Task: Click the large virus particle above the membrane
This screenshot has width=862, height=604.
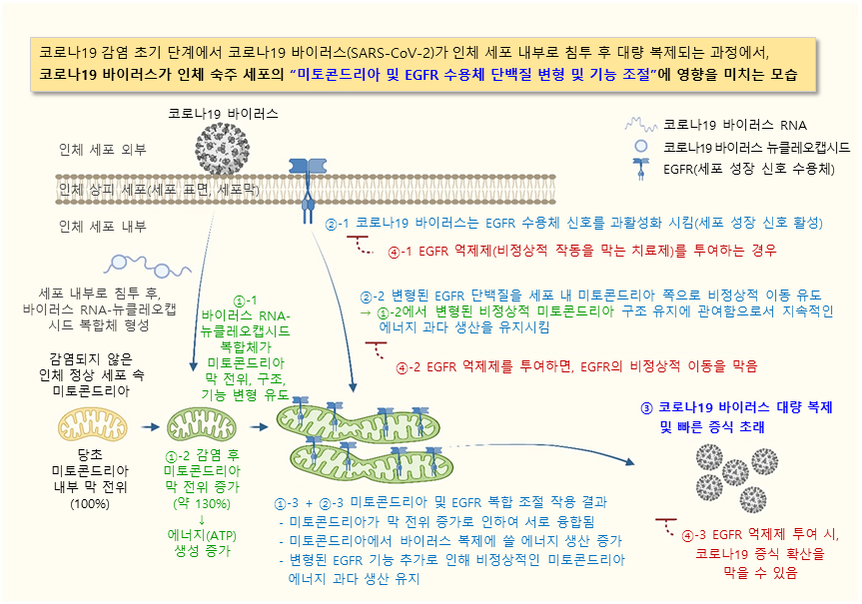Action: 222,149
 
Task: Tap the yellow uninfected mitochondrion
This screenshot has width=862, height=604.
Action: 92,426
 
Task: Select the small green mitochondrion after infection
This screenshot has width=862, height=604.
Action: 201,425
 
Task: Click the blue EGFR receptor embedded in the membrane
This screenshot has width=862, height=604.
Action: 308,190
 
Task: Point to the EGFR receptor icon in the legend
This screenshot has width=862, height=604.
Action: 641,169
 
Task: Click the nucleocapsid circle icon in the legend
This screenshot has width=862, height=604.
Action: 641,146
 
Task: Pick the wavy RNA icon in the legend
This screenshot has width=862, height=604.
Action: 641,124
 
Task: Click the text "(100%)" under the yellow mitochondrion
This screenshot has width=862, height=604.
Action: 90,503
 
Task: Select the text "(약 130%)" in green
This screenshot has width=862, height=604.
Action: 202,503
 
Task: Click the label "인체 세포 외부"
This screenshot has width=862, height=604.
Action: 103,149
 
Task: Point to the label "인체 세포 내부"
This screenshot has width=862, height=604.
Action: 103,226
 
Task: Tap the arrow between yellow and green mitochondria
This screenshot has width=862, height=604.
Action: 150,426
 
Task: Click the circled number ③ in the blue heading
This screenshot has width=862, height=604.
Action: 646,407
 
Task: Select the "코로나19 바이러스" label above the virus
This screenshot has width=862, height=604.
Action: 223,113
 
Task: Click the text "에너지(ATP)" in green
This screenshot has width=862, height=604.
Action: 202,535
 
